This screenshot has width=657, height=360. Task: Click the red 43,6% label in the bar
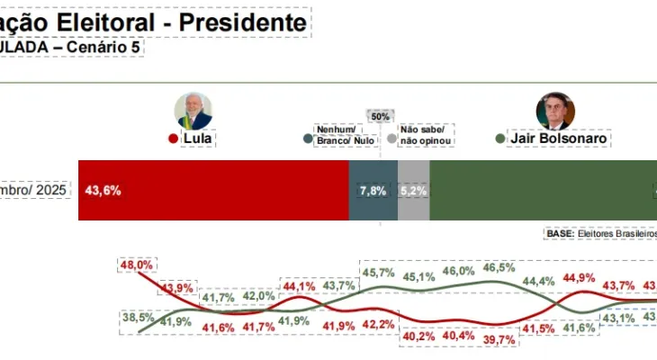pyautogui.click(x=103, y=191)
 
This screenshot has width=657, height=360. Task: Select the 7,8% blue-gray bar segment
pyautogui.click(x=373, y=191)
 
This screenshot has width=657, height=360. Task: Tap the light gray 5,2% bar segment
pyautogui.click(x=413, y=191)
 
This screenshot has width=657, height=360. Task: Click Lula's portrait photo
pyautogui.click(x=193, y=111)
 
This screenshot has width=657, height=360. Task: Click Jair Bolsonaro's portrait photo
pyautogui.click(x=553, y=111)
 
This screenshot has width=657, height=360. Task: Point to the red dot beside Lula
pyautogui.click(x=173, y=139)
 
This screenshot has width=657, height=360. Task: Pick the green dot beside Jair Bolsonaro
pyautogui.click(x=500, y=139)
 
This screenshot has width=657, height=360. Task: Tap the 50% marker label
pyautogui.click(x=381, y=117)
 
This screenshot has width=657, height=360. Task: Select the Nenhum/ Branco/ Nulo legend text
pyautogui.click(x=346, y=135)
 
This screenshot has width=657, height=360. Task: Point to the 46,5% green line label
pyautogui.click(x=499, y=267)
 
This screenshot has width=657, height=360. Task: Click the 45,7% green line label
pyautogui.click(x=378, y=272)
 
